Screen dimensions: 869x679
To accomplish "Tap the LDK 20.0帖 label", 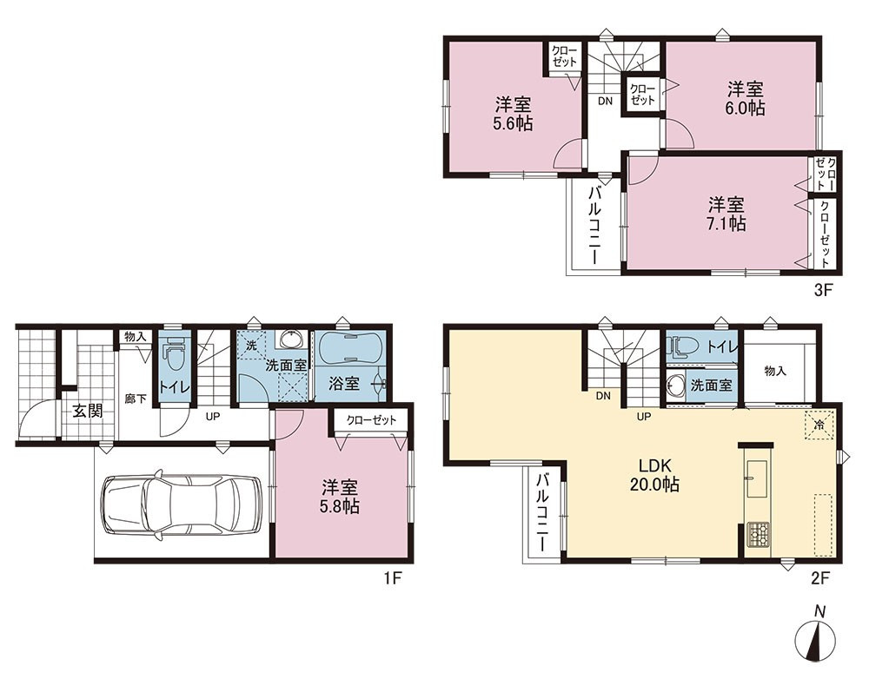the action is (x=654, y=475).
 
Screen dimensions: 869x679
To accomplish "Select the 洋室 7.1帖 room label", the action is (x=726, y=214).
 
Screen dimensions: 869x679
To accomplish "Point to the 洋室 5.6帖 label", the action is (x=513, y=114).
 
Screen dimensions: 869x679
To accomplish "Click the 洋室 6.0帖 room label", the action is (x=746, y=99).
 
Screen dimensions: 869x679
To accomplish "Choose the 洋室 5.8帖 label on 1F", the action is (x=339, y=497).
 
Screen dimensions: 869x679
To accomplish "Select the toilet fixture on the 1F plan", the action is (x=176, y=355).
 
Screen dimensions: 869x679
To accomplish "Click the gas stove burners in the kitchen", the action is (x=757, y=535).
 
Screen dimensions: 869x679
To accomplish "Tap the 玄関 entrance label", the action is (x=88, y=412).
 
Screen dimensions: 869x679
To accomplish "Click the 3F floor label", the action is (x=824, y=290).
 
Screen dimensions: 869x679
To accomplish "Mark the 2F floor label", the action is (x=820, y=579).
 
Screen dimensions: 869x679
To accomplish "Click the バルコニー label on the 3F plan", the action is (x=595, y=227).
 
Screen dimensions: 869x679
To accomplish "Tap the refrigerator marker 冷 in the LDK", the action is (x=819, y=425).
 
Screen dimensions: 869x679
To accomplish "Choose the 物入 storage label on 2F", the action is (x=775, y=371).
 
